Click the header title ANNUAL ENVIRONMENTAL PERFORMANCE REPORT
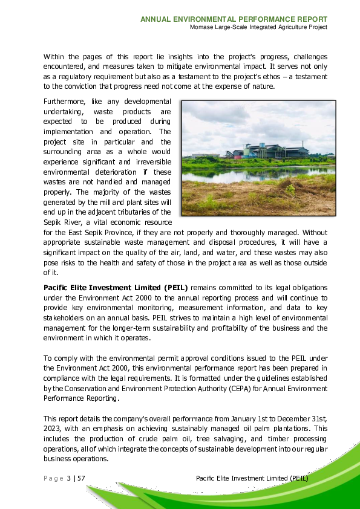(x=234, y=19)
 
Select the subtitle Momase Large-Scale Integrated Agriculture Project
(x=258, y=28)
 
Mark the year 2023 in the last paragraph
(x=52, y=429)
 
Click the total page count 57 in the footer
(x=81, y=479)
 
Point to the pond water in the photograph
(x=254, y=175)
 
